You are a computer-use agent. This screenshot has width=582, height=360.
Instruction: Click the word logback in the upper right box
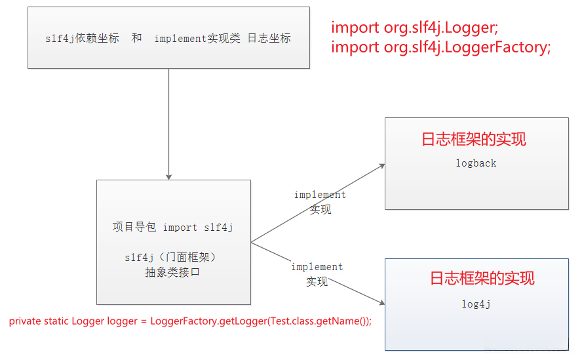click(476, 163)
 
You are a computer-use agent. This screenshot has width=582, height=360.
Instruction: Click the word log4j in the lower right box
click(476, 304)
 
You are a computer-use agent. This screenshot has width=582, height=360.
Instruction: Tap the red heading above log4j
click(482, 278)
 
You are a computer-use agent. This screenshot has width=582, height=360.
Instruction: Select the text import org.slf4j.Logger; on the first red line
click(415, 28)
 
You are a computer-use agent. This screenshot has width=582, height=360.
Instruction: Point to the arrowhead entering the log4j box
click(381, 302)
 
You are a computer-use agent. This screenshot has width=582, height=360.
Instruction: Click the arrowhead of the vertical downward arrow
click(169, 176)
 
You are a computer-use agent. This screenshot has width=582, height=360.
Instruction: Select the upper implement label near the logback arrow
click(320, 195)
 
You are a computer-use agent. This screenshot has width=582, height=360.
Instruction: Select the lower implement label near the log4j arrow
click(317, 267)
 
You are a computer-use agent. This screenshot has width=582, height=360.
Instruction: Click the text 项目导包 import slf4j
click(173, 228)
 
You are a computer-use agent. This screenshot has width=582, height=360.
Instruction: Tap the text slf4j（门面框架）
click(170, 258)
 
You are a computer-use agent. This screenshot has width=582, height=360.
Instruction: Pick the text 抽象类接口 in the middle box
click(172, 272)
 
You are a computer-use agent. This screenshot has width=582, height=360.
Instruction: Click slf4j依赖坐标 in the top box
click(82, 38)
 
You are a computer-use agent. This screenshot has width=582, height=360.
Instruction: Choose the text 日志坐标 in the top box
click(269, 38)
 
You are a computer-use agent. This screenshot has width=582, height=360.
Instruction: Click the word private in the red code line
click(24, 321)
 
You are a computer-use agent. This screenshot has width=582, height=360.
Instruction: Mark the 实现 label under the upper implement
click(320, 210)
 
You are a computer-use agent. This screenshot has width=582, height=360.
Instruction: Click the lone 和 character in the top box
click(136, 38)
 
